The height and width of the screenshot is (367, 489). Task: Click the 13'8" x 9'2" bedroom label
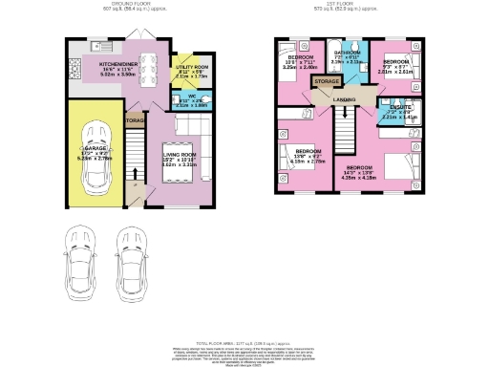tap(307, 156)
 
